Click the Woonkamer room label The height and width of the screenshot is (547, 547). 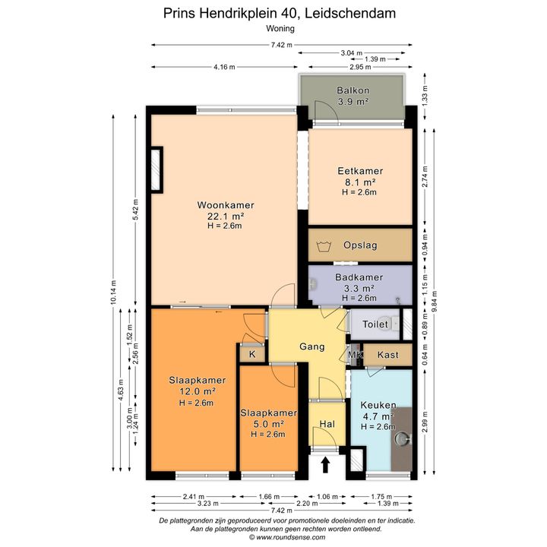226,205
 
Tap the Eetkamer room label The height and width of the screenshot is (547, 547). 360,171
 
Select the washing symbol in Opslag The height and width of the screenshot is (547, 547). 324,246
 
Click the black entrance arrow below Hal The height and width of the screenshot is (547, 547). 325,465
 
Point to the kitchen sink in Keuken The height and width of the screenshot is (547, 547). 403,438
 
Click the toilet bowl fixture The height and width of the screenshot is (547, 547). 395,324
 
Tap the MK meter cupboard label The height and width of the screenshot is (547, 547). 355,355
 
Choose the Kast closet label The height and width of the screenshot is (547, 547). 387,355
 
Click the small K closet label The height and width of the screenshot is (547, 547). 252,355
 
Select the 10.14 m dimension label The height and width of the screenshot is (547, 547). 113,292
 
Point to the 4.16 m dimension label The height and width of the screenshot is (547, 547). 224,67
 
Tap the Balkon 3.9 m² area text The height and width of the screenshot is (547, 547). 353,102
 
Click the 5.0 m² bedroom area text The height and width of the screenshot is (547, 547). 268,424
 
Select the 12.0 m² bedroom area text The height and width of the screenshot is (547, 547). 198,391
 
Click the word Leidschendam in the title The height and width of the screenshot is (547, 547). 350,13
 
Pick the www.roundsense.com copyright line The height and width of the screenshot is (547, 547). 287,538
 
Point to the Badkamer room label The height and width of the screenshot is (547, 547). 359,277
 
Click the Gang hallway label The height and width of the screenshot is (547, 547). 312,346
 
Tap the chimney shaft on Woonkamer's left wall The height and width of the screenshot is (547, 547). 157,169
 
